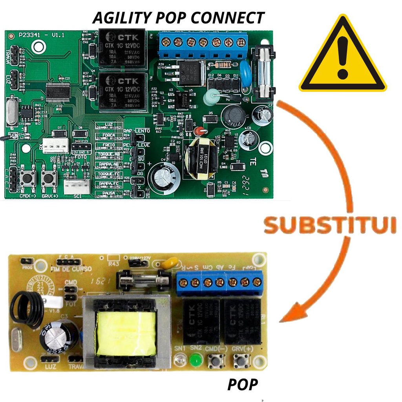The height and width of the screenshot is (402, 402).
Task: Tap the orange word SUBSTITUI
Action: [330, 225]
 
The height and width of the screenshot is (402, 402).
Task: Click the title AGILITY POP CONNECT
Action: [178, 18]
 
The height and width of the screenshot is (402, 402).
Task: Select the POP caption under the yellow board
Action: [243, 385]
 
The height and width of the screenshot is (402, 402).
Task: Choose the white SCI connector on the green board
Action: [77, 187]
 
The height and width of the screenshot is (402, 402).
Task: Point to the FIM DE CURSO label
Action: [71, 269]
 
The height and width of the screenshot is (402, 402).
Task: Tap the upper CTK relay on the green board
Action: [122, 47]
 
